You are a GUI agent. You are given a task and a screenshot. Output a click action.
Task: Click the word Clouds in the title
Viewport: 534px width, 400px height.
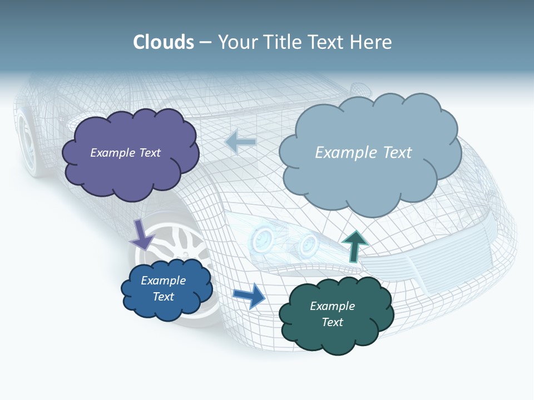coord(164,42)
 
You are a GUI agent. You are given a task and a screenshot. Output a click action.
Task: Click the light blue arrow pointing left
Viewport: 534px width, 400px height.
coord(240,142)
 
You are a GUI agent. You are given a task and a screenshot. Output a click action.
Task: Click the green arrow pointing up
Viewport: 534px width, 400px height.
coord(354,246)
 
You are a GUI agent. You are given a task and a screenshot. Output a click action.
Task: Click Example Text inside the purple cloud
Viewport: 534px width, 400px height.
coord(125,153)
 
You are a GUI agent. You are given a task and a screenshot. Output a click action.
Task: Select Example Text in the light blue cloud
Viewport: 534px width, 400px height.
coord(363,153)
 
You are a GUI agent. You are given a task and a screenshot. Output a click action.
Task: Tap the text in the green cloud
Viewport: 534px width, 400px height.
coord(332,314)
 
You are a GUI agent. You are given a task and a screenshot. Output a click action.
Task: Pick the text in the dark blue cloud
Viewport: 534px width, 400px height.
coord(163,288)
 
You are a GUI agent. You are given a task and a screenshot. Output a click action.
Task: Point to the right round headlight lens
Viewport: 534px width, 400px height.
coord(308,242)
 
